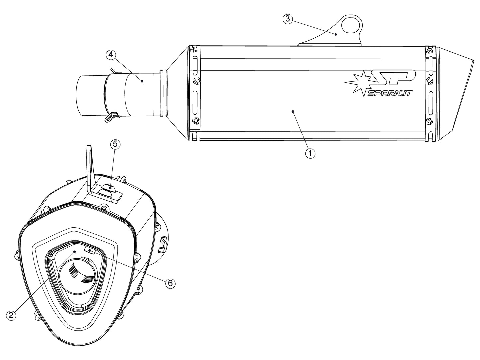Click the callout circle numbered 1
[310, 153]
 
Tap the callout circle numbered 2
[11, 315]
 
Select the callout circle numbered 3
[288, 19]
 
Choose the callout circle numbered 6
[170, 283]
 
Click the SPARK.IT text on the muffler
[389, 94]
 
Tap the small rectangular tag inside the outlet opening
[90, 250]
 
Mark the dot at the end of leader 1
[293, 112]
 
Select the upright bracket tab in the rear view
[90, 163]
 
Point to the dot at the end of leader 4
[142, 81]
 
